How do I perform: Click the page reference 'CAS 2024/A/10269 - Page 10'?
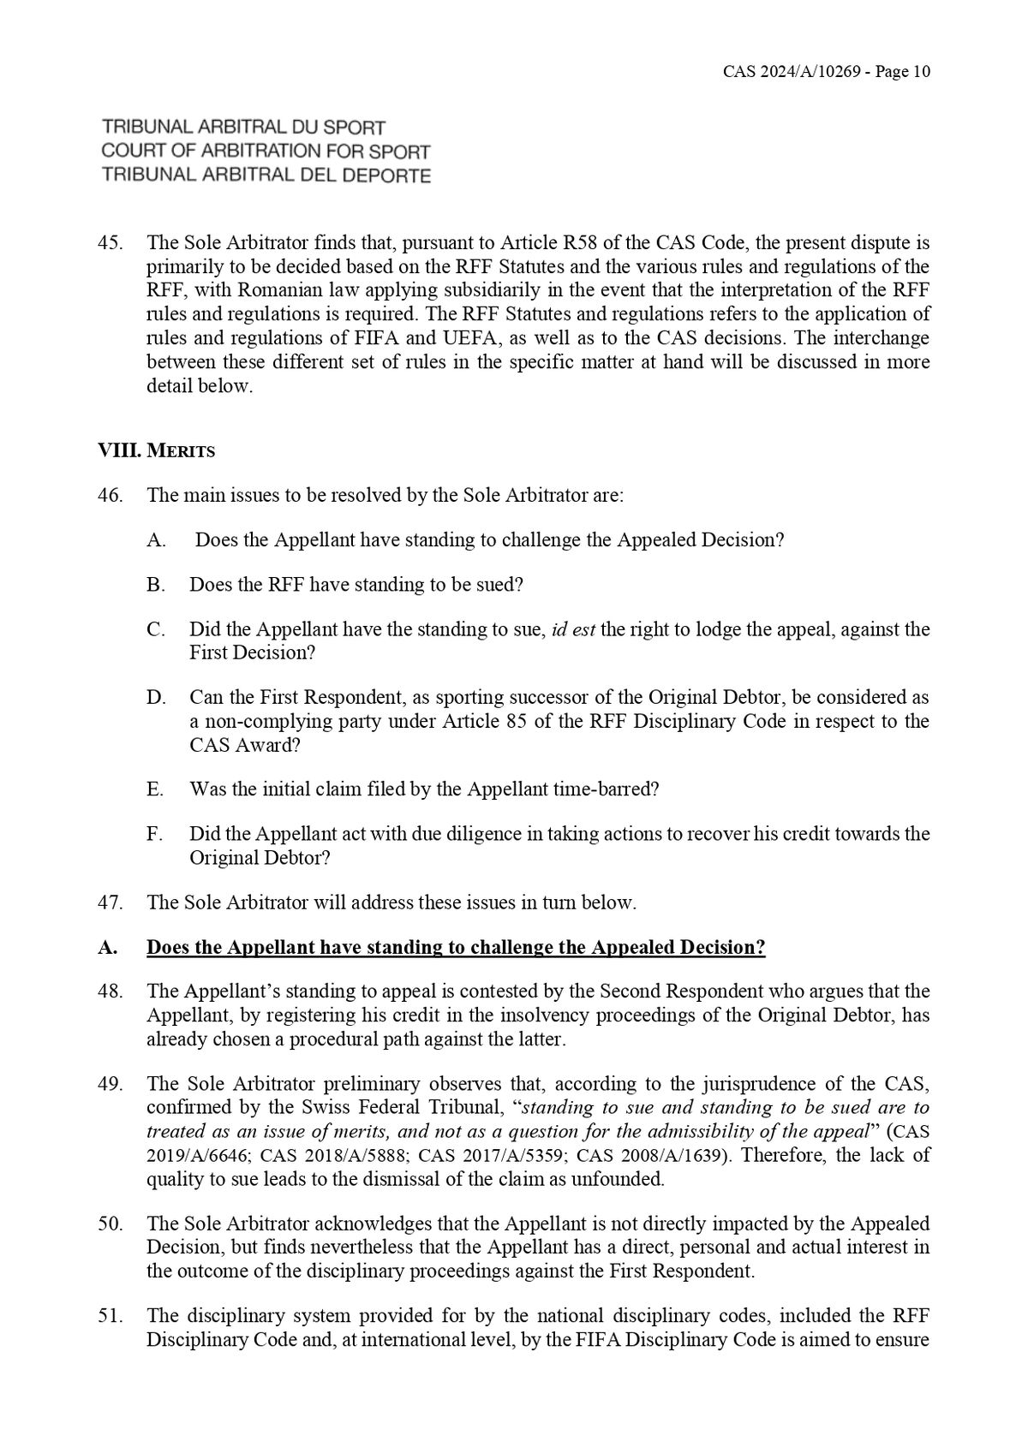pyautogui.click(x=826, y=72)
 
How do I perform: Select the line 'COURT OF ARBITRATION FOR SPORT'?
pyautogui.click(x=266, y=152)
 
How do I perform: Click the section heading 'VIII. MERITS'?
pyautogui.click(x=157, y=450)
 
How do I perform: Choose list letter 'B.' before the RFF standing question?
pyautogui.click(x=155, y=585)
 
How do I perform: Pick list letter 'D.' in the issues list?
pyautogui.click(x=155, y=698)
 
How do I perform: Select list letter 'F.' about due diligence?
pyautogui.click(x=154, y=834)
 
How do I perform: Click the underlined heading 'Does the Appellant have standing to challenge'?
pyautogui.click(x=456, y=948)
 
